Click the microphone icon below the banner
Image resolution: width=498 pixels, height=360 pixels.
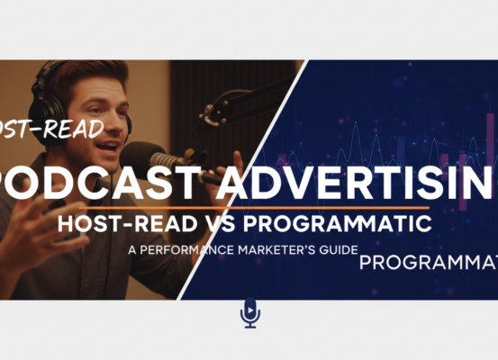249,313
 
